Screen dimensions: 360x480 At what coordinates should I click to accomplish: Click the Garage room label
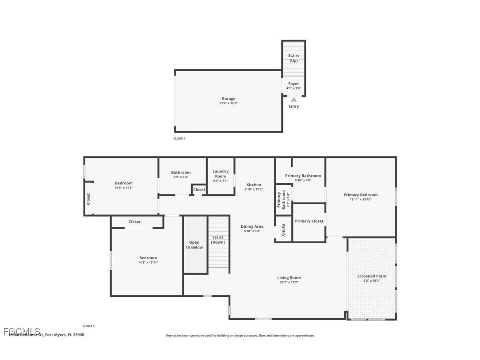click(x=229, y=99)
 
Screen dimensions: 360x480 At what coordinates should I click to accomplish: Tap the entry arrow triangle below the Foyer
click(x=293, y=100)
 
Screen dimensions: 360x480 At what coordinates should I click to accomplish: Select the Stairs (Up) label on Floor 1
click(x=293, y=58)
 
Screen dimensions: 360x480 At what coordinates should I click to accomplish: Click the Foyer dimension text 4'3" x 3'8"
click(x=293, y=88)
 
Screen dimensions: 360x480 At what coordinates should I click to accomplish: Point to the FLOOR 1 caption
click(x=179, y=138)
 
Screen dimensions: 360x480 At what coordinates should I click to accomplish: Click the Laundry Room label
click(x=221, y=174)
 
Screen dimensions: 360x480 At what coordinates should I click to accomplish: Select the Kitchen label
click(x=254, y=185)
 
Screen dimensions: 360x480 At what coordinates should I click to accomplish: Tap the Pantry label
click(x=283, y=230)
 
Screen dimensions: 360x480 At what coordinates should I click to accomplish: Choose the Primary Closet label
click(x=309, y=221)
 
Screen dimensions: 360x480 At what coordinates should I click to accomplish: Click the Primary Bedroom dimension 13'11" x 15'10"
click(x=361, y=199)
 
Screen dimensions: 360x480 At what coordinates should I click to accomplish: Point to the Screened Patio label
click(x=371, y=276)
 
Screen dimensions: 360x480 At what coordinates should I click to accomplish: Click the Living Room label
click(x=289, y=278)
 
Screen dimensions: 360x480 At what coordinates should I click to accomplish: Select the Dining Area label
click(x=252, y=226)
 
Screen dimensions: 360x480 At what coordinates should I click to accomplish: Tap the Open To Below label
click(x=194, y=245)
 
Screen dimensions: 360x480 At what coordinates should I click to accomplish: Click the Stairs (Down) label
click(x=217, y=240)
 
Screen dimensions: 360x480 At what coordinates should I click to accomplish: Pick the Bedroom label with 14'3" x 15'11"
click(x=148, y=258)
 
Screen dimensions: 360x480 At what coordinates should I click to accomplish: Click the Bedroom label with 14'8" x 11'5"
click(x=124, y=183)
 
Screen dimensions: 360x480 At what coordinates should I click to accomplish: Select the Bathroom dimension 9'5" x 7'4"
click(x=181, y=177)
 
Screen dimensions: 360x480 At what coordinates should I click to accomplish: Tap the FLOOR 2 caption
click(x=88, y=326)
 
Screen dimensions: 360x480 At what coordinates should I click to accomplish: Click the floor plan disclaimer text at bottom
click(x=240, y=336)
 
